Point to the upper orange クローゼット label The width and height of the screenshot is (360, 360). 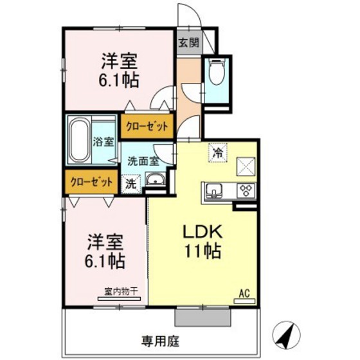[x=145, y=126]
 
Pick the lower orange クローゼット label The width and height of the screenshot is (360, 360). [x=91, y=182]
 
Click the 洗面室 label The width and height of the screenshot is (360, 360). [x=140, y=161]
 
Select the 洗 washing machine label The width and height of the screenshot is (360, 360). [x=131, y=183]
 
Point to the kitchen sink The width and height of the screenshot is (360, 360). [x=214, y=191]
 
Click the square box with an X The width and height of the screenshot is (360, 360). [x=247, y=166]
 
